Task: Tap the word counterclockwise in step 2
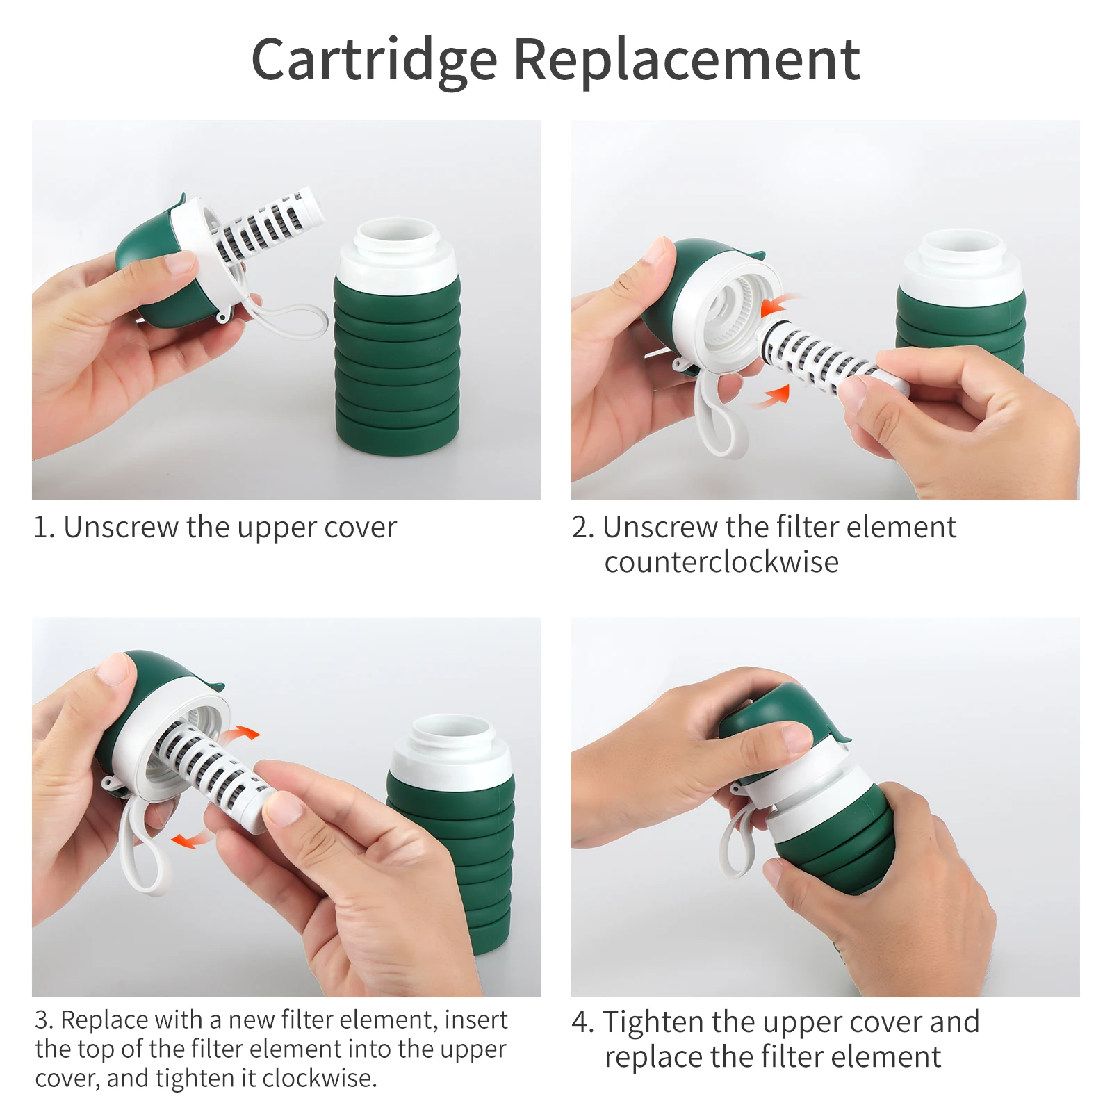click(x=721, y=562)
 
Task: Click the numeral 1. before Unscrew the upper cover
click(x=43, y=528)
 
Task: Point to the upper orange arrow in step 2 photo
click(x=780, y=304)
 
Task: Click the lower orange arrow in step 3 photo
click(x=190, y=840)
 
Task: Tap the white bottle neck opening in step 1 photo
click(x=397, y=236)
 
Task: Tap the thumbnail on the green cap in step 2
click(x=657, y=251)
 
